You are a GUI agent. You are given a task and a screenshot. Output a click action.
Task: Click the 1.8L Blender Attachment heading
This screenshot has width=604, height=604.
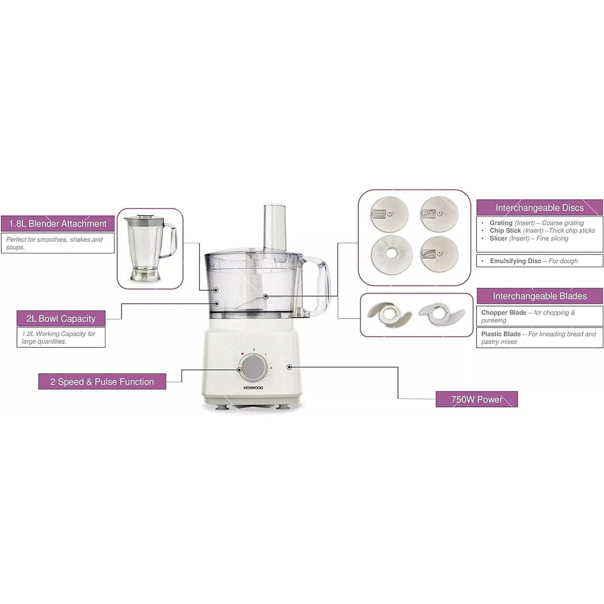tap(58, 224)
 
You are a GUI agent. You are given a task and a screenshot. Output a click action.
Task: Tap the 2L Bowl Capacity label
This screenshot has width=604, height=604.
tap(61, 318)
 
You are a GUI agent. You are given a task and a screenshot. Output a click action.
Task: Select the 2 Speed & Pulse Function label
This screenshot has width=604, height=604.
tap(102, 382)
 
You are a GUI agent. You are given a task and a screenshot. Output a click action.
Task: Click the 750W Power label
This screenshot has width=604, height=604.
tap(476, 399)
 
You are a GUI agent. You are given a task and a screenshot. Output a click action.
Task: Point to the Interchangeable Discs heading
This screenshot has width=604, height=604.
tap(539, 208)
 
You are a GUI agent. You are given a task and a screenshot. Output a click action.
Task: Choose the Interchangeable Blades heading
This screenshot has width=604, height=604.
tap(539, 296)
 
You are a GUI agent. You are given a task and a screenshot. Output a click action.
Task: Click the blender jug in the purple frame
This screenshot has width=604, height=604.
tap(149, 247)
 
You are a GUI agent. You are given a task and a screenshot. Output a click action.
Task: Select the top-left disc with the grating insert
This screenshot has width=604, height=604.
tap(390, 214)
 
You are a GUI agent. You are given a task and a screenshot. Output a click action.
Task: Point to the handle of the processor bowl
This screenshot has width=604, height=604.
tap(321, 286)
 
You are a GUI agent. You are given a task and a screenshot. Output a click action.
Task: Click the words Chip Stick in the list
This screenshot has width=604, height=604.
tap(505, 231)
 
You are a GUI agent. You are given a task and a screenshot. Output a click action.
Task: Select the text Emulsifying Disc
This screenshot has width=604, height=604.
tap(515, 261)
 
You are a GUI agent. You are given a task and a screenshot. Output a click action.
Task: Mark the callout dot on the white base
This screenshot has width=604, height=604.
tap(289, 367)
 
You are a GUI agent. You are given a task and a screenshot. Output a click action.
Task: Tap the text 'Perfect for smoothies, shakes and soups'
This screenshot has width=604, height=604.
tap(54, 243)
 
